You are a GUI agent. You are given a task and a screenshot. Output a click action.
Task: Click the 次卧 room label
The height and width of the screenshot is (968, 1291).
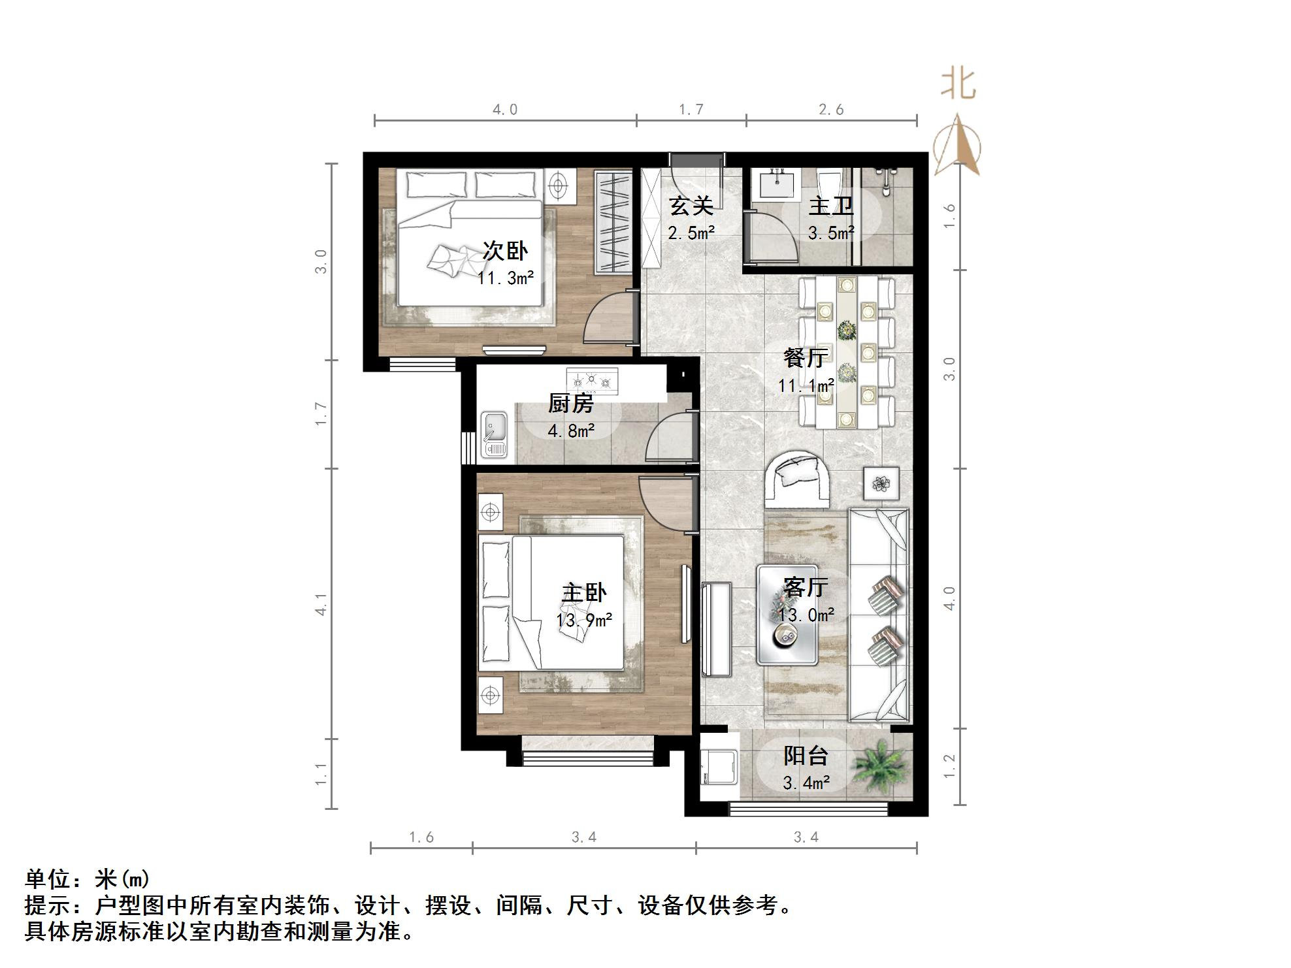tap(505, 251)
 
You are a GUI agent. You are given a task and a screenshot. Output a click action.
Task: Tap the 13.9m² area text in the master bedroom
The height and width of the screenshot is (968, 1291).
tap(584, 620)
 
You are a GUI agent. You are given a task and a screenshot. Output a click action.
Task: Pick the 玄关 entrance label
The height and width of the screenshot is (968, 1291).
tap(691, 206)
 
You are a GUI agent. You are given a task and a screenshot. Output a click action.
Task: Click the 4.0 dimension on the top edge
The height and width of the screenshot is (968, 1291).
tap(505, 110)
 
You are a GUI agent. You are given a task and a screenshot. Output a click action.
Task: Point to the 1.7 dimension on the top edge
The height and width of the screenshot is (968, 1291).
tap(691, 110)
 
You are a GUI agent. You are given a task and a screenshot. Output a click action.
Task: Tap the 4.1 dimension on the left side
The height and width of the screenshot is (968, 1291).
tap(321, 604)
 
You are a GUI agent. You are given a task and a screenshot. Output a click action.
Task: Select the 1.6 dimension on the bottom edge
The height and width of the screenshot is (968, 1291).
tap(421, 837)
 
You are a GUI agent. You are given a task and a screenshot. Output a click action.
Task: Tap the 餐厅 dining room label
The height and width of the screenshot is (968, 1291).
tap(806, 358)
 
